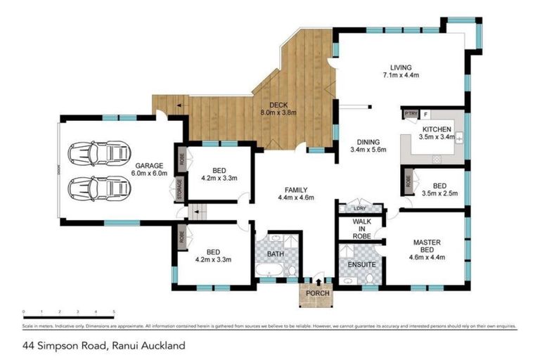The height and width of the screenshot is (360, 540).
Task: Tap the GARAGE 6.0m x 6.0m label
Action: click(150, 169)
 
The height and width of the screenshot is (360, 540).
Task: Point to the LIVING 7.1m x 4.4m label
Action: click(401, 70)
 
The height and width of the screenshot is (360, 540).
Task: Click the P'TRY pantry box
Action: click(410, 114)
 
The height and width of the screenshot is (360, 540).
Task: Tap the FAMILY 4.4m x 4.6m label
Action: click(295, 193)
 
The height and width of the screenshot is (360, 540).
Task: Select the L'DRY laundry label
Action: click(360, 209)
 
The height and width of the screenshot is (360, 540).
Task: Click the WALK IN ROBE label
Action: click(361, 229)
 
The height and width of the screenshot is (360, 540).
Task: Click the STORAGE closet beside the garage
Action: click(181, 190)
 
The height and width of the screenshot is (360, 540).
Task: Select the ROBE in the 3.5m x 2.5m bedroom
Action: click(409, 182)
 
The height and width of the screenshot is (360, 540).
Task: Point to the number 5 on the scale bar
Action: click(114, 311)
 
